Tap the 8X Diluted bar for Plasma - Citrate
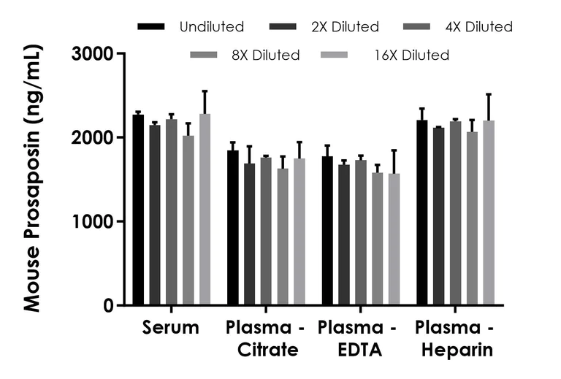[x=283, y=237]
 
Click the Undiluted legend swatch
[x=150, y=27]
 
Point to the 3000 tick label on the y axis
[x=96, y=54]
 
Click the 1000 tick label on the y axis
[x=96, y=221]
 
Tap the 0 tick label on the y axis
[x=108, y=305]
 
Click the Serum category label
[x=171, y=328]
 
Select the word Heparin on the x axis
[x=457, y=351]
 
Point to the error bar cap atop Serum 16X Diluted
[x=205, y=91]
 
